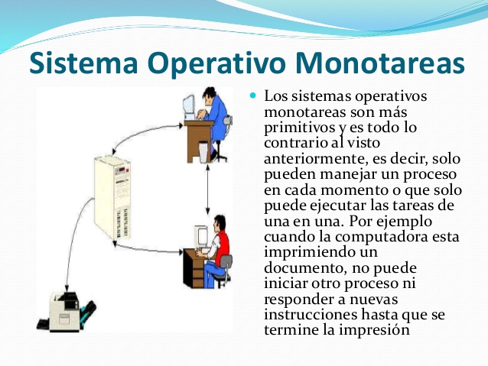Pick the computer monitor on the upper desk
(190, 106)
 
